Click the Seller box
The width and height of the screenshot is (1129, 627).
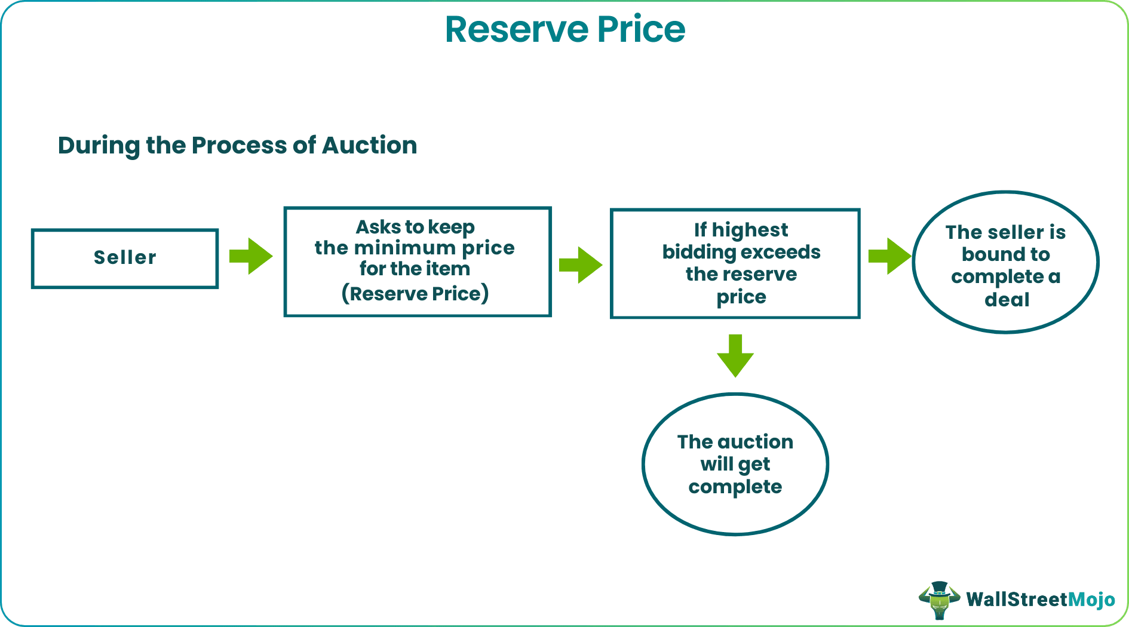pyautogui.click(x=125, y=258)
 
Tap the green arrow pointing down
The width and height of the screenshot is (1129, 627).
pyautogui.click(x=735, y=356)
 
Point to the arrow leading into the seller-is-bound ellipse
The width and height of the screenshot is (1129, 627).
pyautogui.click(x=889, y=256)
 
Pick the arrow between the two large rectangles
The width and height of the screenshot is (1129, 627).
pyautogui.click(x=580, y=265)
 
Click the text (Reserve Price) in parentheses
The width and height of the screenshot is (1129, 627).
pyautogui.click(x=415, y=293)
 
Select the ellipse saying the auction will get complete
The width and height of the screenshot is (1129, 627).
pyautogui.click(x=735, y=464)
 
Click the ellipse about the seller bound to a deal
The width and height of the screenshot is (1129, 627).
pyautogui.click(x=1006, y=262)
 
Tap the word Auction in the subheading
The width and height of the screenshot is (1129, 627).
pyautogui.click(x=369, y=145)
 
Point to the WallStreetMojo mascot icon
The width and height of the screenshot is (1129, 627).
pyautogui.click(x=939, y=600)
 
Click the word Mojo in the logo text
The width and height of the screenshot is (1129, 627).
pyautogui.click(x=1091, y=599)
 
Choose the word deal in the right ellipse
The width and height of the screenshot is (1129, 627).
pyautogui.click(x=1007, y=299)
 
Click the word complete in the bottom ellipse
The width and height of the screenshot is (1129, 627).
pyautogui.click(x=735, y=487)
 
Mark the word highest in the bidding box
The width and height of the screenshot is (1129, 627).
pyautogui.click(x=750, y=230)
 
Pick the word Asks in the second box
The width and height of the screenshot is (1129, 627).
pyautogui.click(x=378, y=227)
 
